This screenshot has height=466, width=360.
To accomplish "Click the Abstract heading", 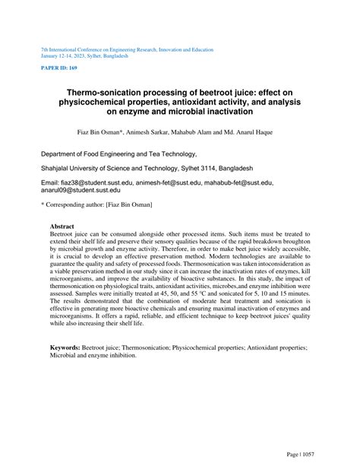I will point(62,227).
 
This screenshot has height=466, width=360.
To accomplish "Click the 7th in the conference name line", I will point(45,49).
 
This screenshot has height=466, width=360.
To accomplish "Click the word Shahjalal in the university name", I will point(58,168).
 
